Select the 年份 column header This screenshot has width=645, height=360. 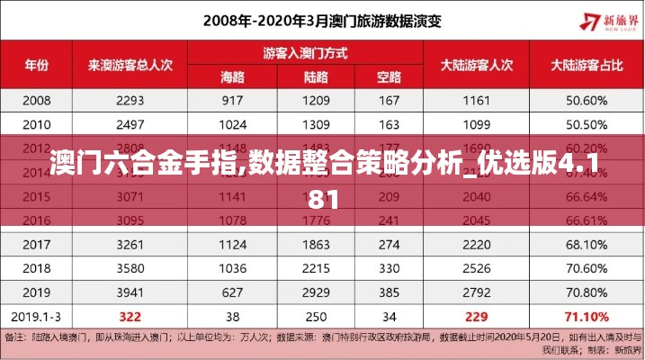coord(36,64)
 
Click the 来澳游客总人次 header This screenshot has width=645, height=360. coord(130,64)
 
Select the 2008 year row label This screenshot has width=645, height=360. coord(36,100)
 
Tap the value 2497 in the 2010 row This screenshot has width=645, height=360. coord(130,123)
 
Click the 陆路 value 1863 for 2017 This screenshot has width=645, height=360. coord(316,243)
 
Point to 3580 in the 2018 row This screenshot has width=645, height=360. coord(130,267)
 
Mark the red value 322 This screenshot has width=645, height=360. coord(130,316)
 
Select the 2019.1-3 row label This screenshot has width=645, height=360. coord(36,316)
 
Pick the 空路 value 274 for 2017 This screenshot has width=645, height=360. coord(390,243)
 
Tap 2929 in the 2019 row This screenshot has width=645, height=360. coord(316,292)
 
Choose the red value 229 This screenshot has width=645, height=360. coord(476,316)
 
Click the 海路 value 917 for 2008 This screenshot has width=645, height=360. coord(233,100)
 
